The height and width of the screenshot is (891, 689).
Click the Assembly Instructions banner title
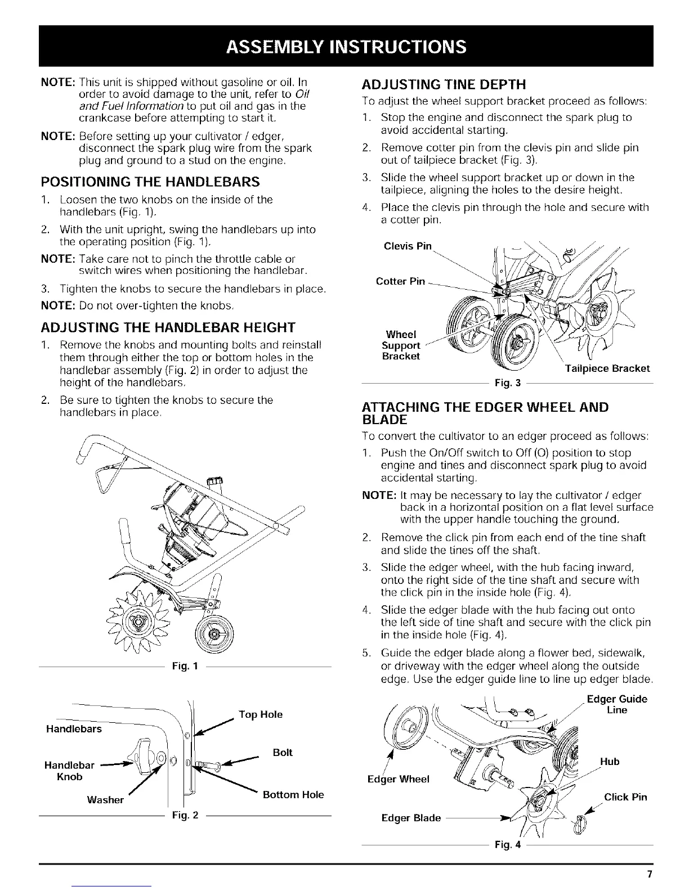(x=344, y=46)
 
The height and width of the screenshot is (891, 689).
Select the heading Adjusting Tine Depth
(x=443, y=84)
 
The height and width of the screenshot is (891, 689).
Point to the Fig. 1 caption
(x=185, y=667)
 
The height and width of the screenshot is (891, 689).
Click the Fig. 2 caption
(x=185, y=815)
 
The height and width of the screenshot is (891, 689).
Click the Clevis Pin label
(x=408, y=246)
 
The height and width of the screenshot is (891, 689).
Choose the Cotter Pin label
(x=400, y=281)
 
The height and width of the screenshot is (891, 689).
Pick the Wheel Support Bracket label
(x=401, y=345)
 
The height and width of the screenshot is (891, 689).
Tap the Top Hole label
(x=261, y=715)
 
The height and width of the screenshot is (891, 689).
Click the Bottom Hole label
(x=293, y=795)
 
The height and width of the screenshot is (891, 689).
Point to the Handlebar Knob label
(x=69, y=771)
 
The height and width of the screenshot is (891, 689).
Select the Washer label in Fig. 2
(x=105, y=800)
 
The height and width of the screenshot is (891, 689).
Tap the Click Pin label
(x=625, y=797)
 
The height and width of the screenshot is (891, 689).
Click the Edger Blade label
(x=411, y=818)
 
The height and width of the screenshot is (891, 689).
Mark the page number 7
(x=650, y=875)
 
